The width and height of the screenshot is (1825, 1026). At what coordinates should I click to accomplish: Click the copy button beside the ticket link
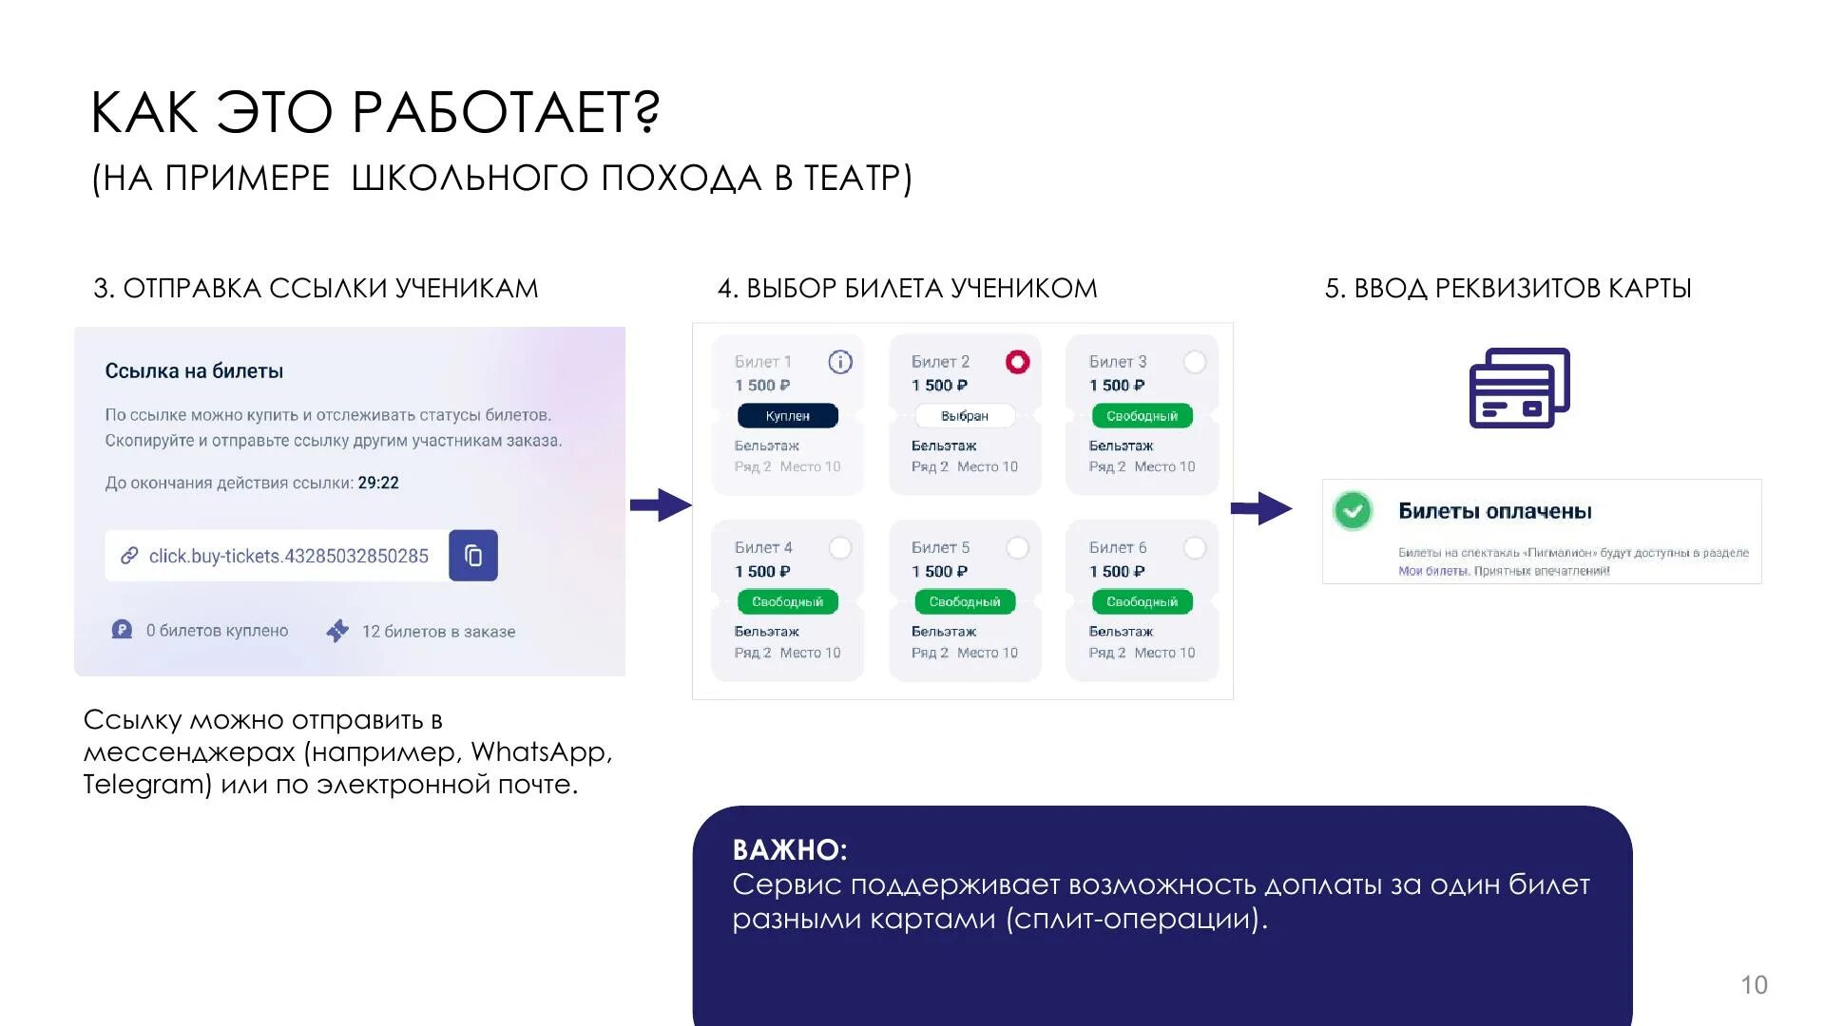[x=473, y=556]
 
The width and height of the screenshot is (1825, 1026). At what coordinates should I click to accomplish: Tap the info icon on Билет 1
[x=840, y=362]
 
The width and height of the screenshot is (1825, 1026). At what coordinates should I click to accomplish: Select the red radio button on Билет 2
[x=1017, y=362]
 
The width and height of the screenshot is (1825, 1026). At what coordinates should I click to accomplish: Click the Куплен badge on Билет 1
[x=788, y=416]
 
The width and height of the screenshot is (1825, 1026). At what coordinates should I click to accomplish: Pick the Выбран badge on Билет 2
[x=965, y=416]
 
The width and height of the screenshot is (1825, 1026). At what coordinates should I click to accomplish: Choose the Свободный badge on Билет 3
[x=1142, y=416]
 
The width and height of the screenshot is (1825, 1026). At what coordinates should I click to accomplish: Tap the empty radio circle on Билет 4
[x=840, y=548]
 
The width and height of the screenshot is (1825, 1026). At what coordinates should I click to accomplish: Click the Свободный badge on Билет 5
[x=965, y=601]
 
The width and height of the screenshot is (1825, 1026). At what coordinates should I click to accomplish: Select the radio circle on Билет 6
[x=1195, y=548]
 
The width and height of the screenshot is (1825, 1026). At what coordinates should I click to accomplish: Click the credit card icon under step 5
[x=1519, y=388]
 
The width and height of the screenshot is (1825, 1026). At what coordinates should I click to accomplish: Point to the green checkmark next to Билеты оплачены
[x=1353, y=511]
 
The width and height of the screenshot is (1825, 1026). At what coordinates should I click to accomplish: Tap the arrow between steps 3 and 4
[x=661, y=504]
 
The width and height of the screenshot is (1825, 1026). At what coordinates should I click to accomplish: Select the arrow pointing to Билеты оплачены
[x=1261, y=508]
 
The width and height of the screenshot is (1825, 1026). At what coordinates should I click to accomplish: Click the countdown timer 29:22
[x=378, y=483]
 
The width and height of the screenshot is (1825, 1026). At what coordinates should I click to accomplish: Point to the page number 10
[x=1754, y=985]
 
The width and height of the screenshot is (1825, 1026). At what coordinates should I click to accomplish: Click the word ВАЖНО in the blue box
[x=789, y=849]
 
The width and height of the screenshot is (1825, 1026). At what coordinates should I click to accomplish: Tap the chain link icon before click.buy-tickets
[x=129, y=556]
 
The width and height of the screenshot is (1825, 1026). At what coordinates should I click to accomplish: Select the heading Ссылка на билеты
[x=194, y=371]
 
